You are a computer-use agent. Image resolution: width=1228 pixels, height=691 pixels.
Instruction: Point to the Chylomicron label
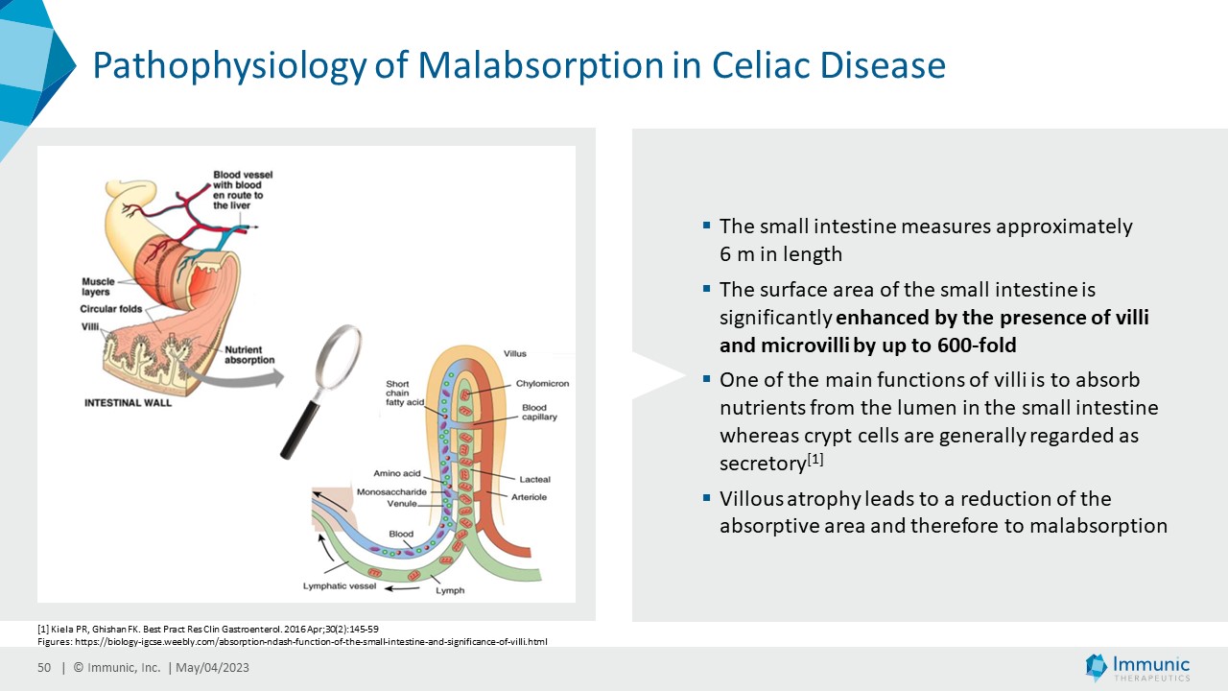542,384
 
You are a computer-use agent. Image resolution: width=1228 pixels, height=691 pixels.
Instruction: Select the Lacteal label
534,479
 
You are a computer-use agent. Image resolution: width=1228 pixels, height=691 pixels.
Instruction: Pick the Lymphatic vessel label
340,585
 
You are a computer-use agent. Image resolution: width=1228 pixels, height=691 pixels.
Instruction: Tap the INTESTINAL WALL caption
128,402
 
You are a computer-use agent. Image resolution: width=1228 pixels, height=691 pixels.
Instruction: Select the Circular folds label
112,309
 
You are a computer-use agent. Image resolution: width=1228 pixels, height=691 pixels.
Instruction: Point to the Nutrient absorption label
249,355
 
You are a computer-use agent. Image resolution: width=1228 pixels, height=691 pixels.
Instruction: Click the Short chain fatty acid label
404,393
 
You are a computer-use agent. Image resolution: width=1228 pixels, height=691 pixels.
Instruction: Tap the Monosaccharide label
391,492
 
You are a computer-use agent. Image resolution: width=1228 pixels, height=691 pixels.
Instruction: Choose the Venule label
402,504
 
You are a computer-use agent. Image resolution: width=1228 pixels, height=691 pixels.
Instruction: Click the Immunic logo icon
1096,667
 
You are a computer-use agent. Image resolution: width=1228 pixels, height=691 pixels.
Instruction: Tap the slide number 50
43,668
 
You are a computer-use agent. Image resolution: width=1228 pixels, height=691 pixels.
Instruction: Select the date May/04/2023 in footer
212,668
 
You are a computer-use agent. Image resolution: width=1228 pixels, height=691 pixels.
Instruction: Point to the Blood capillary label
539,413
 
